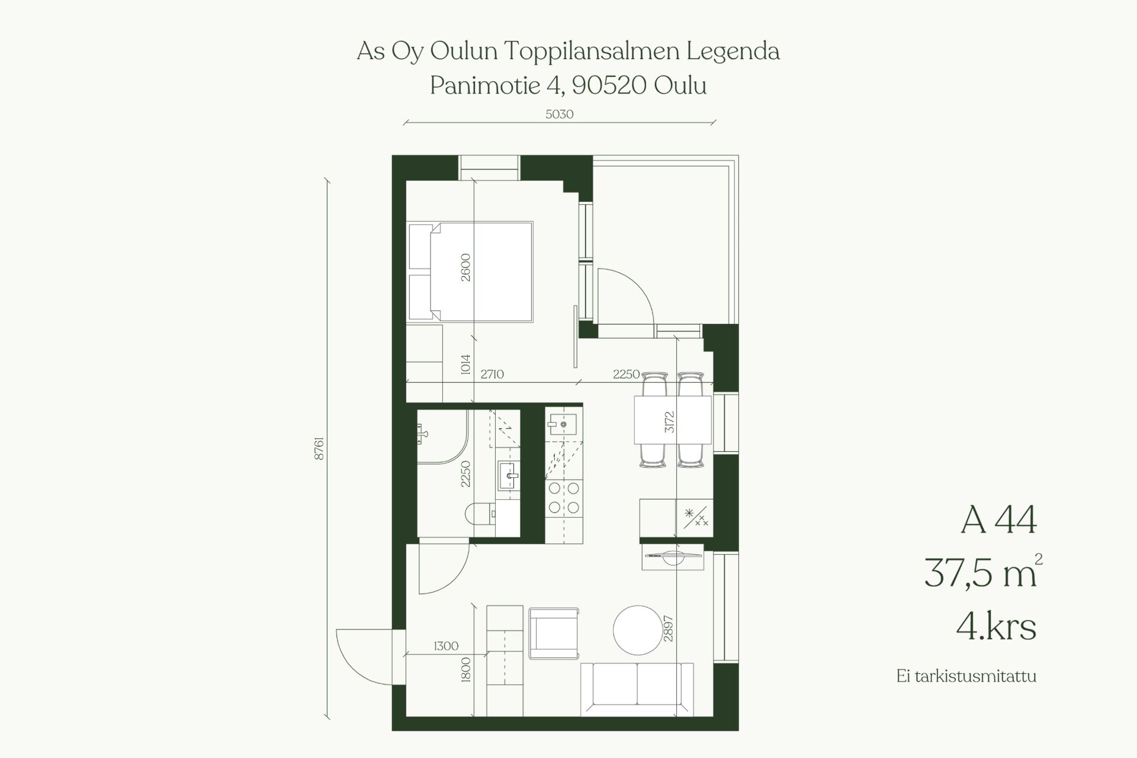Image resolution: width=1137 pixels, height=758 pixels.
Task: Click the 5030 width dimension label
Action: pos(560,114)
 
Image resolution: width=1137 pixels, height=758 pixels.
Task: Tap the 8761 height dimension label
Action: pos(319,449)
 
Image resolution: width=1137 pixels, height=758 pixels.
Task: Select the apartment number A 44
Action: pos(998,521)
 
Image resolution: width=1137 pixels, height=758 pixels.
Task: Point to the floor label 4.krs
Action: pos(996,627)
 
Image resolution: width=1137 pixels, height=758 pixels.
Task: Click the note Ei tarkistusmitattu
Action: pos(966,676)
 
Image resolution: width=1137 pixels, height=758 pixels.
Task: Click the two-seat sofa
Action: pos(637,689)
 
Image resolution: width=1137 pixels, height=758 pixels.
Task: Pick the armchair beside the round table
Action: pos(553,633)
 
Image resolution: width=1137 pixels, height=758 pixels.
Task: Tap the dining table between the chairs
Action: pos(673,420)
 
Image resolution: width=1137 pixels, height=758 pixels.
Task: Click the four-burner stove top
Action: pos(564,497)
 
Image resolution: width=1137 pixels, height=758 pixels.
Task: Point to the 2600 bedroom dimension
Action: pos(465,267)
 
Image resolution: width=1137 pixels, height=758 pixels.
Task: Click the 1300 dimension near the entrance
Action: pos(446,646)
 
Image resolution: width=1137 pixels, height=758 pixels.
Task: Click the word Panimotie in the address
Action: pos(484,86)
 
